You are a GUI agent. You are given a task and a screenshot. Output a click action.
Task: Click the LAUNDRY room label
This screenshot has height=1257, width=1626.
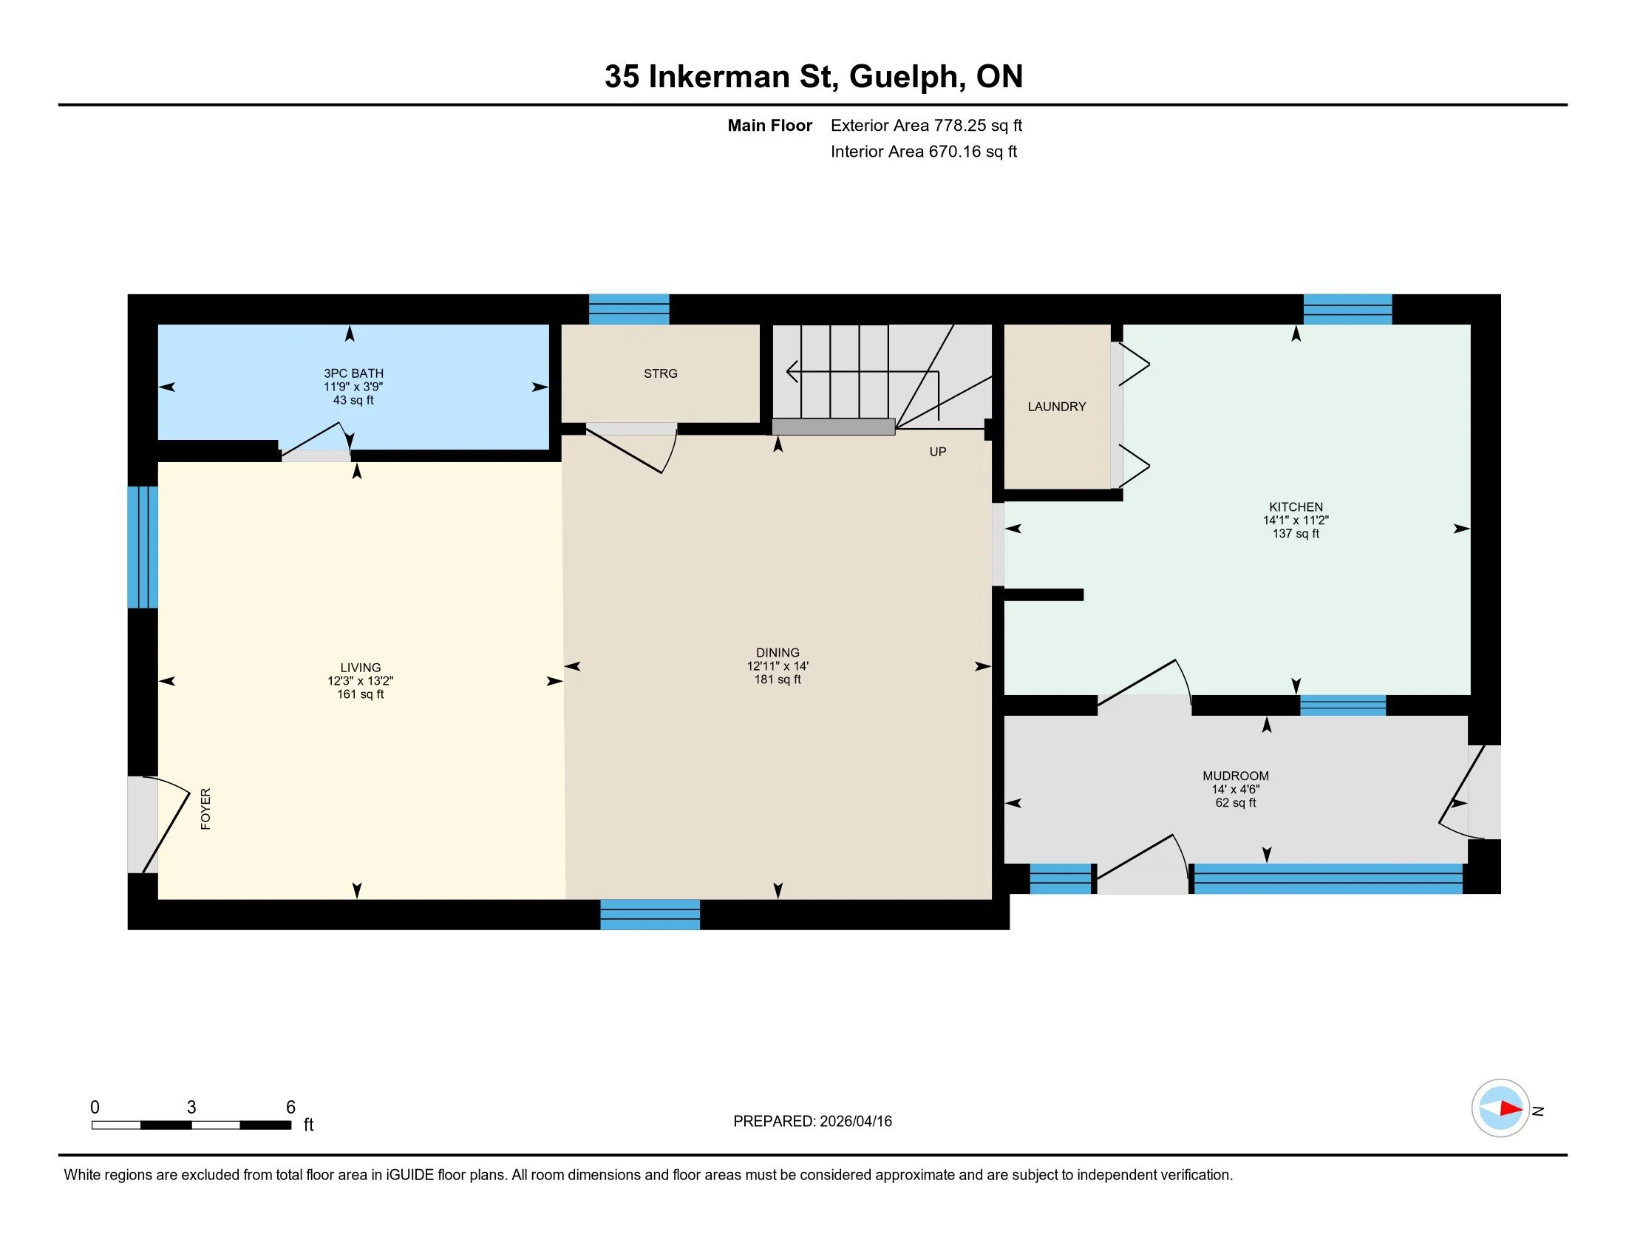[1056, 407]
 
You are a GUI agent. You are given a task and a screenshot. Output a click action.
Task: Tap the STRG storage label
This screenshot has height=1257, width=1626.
[660, 374]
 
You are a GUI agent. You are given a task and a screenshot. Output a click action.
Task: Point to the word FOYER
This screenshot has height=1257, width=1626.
[205, 809]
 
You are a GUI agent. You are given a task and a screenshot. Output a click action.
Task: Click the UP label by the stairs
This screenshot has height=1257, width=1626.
[937, 452]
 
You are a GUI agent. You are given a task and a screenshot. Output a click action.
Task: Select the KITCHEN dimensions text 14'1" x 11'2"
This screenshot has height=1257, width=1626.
[1296, 521]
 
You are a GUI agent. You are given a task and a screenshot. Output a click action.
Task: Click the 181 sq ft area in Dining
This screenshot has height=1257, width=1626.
[778, 680]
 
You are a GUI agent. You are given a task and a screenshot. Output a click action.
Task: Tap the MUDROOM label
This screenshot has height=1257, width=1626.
[1235, 776]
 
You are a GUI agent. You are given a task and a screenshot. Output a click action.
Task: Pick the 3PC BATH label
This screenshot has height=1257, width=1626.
[353, 374]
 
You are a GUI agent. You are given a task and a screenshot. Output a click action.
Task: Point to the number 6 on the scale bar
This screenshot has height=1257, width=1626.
[291, 1108]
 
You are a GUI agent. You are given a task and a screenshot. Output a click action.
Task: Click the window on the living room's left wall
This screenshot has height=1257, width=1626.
[142, 547]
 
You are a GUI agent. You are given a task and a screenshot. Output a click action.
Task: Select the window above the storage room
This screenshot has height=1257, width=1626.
[629, 310]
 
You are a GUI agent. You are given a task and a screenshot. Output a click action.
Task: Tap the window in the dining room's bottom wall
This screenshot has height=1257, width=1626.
[650, 915]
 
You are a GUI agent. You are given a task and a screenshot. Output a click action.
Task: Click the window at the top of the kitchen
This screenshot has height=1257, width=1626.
[1347, 310]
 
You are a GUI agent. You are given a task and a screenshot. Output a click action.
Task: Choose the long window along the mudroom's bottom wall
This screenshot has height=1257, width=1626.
[1328, 878]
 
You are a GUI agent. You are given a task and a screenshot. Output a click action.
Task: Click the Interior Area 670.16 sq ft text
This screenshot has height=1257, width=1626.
[923, 152]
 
